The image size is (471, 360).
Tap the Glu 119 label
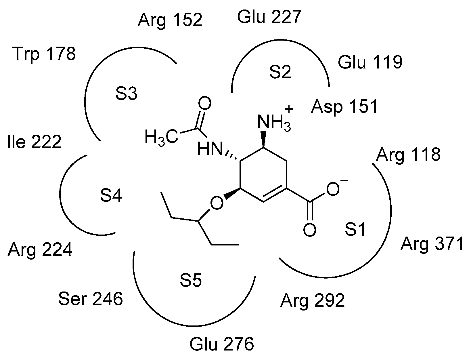(370, 62)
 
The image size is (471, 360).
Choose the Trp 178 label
(44, 54)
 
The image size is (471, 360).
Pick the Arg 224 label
(40, 249)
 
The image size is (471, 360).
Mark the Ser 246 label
(90, 299)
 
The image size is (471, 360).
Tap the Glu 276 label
(221, 344)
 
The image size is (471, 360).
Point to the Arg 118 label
(408, 155)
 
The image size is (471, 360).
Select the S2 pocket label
(280, 73)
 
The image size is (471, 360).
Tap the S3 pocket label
(127, 94)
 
